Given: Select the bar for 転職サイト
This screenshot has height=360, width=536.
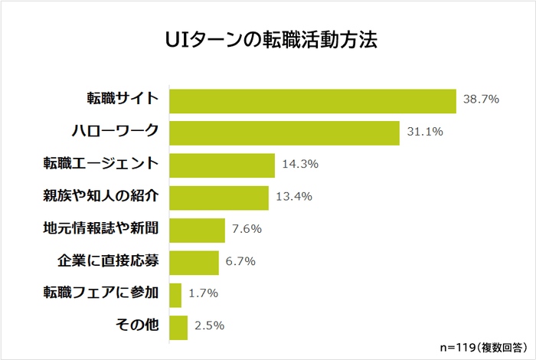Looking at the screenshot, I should point(312,100).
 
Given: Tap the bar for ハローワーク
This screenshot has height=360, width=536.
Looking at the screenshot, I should point(284,133).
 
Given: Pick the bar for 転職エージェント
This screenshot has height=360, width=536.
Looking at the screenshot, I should point(221,165).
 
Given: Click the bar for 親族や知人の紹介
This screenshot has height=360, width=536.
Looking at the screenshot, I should point(218,197).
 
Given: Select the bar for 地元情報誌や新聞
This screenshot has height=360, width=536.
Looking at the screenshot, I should point(197,229).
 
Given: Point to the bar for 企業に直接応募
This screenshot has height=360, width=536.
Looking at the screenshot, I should point(194,262).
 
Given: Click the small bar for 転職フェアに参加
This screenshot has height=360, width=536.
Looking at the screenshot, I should point(175,294).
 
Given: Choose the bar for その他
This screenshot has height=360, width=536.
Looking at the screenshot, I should point(178,326).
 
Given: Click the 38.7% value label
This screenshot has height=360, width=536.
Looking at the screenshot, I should point(481,100).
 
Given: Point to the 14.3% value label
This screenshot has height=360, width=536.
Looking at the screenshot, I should point(299,164).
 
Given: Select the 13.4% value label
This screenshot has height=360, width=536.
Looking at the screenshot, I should point(293,196).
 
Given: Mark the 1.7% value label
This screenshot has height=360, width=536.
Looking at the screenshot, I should point(203,293).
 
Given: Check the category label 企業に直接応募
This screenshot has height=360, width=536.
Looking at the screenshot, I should point(107,260).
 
